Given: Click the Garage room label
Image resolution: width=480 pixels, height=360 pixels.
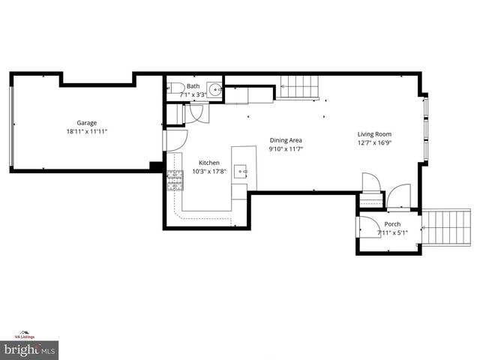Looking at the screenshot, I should point(86,123).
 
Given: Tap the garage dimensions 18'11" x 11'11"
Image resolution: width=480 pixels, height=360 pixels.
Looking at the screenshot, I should point(86,131).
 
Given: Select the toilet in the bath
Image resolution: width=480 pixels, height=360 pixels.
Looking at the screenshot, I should point(172,88).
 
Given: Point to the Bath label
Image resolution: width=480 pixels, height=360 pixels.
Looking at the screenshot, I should point(193,86).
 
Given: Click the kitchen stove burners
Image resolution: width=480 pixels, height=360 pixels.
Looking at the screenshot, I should point(174,180).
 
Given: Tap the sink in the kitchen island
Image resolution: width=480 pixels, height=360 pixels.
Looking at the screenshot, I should point(241,172).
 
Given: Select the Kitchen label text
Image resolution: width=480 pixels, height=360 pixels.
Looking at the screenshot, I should point(208,163).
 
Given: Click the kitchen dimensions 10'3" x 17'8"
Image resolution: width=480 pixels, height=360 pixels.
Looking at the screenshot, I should point(208,171).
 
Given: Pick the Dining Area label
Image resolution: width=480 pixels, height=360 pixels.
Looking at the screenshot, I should point(286,140).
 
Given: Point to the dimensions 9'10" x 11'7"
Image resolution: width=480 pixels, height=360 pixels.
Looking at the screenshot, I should point(286,148).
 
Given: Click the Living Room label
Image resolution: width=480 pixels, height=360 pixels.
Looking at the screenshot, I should point(373,135).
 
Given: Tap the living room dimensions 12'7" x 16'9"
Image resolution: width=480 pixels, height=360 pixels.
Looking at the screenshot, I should point(373,143).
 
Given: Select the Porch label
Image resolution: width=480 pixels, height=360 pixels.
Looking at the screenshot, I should point(392,224).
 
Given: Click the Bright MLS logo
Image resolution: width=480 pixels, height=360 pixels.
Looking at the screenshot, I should point(30,349).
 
